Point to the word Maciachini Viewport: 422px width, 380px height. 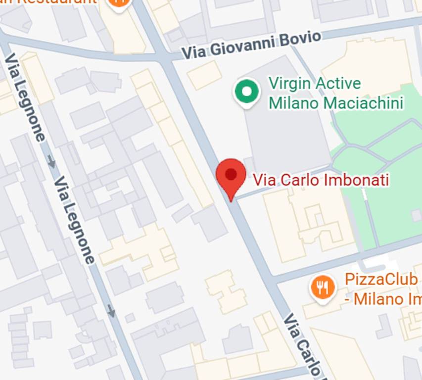click(364, 103)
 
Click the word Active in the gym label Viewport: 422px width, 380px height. click(337, 84)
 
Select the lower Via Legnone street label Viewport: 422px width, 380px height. click(74, 220)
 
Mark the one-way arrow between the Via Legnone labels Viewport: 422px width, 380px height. click(51, 161)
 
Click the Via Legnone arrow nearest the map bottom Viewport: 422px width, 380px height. click(111, 311)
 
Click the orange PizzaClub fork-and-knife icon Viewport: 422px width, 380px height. click(322, 287)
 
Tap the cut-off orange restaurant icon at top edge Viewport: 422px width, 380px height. click(118, 3)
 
